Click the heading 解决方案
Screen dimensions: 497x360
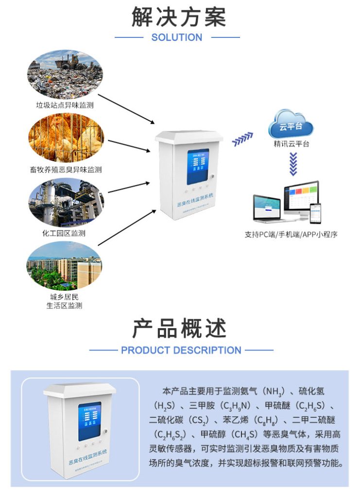[179, 17]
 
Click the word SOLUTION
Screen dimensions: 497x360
[177, 37]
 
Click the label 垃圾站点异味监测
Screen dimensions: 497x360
[65, 105]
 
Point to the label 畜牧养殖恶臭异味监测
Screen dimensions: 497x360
[65, 170]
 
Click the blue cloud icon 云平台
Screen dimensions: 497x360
[291, 125]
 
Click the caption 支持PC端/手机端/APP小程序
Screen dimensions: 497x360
[291, 234]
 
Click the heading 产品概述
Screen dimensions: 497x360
[179, 329]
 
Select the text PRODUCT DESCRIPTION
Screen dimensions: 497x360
[181, 350]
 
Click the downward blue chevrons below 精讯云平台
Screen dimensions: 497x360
[292, 164]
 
